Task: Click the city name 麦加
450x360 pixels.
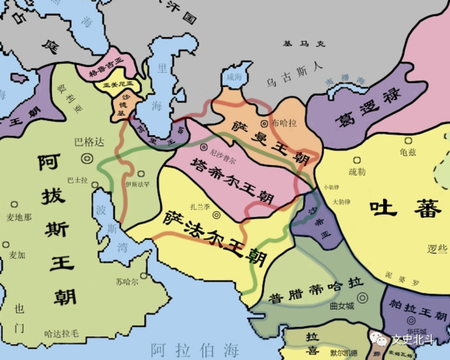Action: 17,255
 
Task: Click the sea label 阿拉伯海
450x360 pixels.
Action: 195,349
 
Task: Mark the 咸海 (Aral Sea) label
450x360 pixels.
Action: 234,76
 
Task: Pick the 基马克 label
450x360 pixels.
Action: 303,44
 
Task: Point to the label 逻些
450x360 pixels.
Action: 437,248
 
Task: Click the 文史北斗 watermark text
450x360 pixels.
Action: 412,337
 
